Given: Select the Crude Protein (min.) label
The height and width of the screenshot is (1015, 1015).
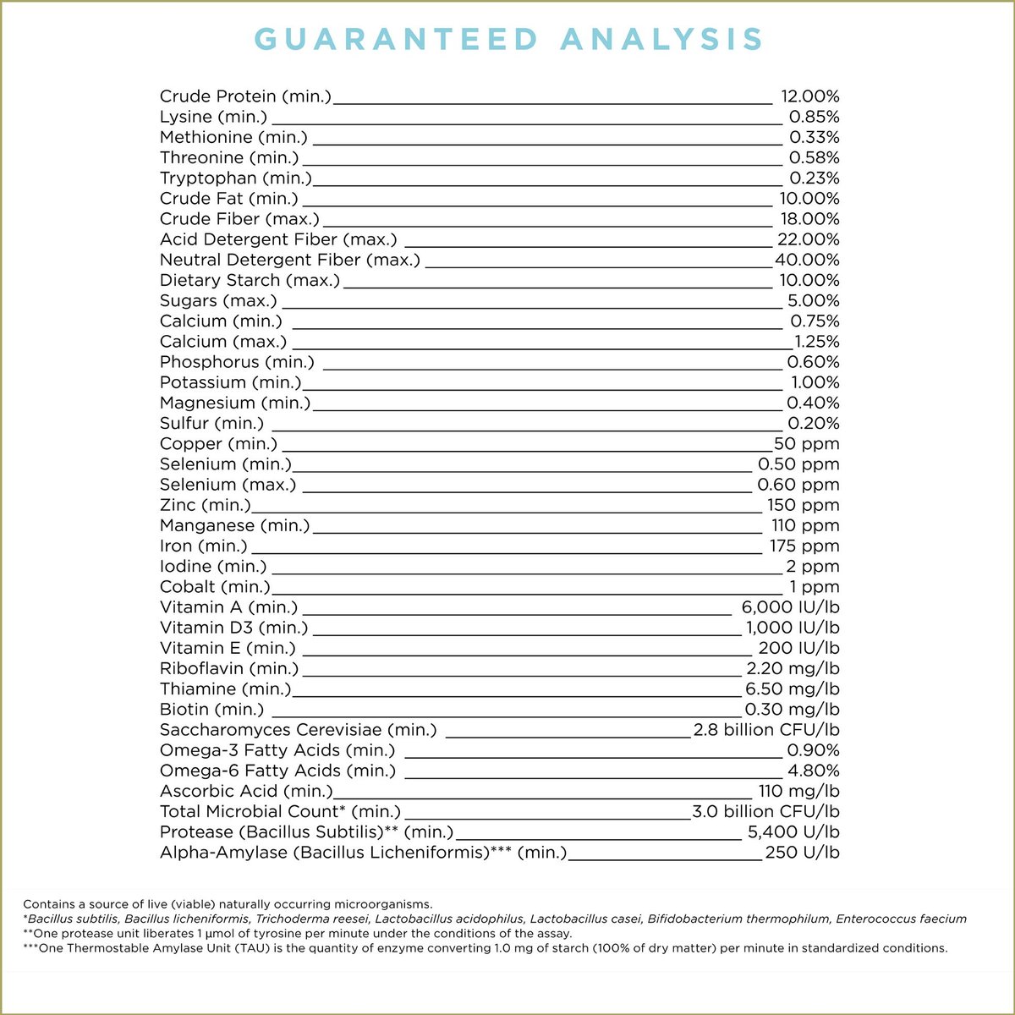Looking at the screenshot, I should (245, 97).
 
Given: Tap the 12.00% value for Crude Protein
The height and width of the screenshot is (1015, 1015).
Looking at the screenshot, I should (809, 97).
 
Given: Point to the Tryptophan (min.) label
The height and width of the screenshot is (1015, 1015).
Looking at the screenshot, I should (235, 178).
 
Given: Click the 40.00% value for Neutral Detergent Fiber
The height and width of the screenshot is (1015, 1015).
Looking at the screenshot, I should (807, 261).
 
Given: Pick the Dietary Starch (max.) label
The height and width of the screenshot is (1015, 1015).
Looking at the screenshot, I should (250, 281).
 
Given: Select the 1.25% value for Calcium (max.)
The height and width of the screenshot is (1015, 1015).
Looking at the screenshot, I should (817, 342).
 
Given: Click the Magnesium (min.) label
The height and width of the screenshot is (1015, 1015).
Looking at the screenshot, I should (235, 403).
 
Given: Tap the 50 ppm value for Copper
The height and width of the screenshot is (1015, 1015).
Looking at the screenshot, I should (807, 444).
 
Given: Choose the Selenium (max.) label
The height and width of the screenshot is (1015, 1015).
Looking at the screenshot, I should (228, 485).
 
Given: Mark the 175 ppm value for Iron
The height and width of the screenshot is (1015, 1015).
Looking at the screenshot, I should (804, 546).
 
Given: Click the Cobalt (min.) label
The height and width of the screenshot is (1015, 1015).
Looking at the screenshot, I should (215, 587).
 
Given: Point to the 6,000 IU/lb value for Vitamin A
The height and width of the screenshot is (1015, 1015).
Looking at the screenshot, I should (790, 607).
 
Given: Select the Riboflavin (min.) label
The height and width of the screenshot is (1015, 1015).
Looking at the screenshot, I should (229, 669).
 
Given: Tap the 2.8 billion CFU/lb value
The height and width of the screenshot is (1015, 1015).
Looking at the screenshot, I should (766, 730).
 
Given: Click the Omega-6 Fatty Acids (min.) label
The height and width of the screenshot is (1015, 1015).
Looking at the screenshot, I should (277, 771).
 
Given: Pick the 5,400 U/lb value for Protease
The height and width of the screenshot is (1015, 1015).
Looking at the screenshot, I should (794, 832).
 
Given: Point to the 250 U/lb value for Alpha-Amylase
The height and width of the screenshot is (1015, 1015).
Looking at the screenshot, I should (802, 853).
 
